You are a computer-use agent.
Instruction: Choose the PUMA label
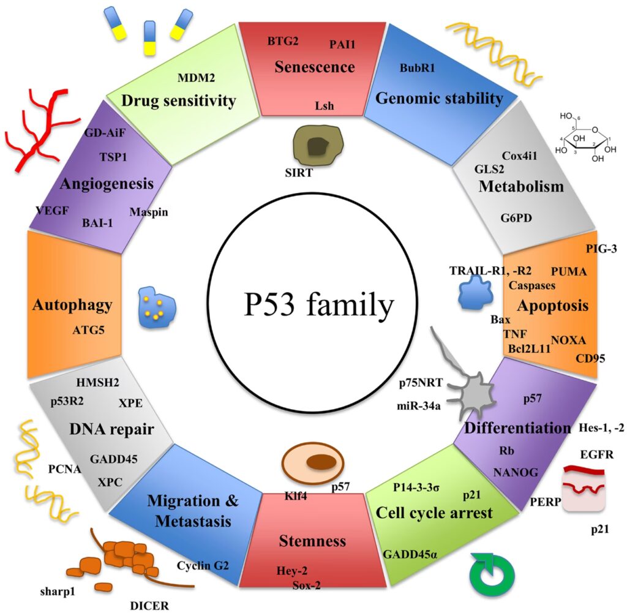[x=569, y=270]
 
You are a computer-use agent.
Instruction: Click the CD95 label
[x=590, y=358]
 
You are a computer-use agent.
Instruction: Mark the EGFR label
[x=596, y=456]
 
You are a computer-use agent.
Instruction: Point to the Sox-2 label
[x=306, y=585]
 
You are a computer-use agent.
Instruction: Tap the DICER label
[x=149, y=605]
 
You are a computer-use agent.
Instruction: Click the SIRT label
[x=299, y=173]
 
